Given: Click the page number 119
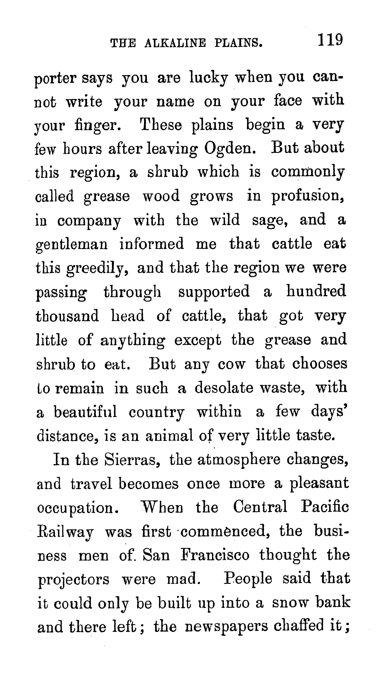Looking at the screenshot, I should coord(330,40).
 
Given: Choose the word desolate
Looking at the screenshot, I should coord(224,388).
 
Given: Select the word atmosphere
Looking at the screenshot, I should coord(239,460).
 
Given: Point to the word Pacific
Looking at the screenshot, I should coord(325,507).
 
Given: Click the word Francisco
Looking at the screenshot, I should coord(215,555).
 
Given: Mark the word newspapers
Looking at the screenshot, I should coord(226,627).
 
